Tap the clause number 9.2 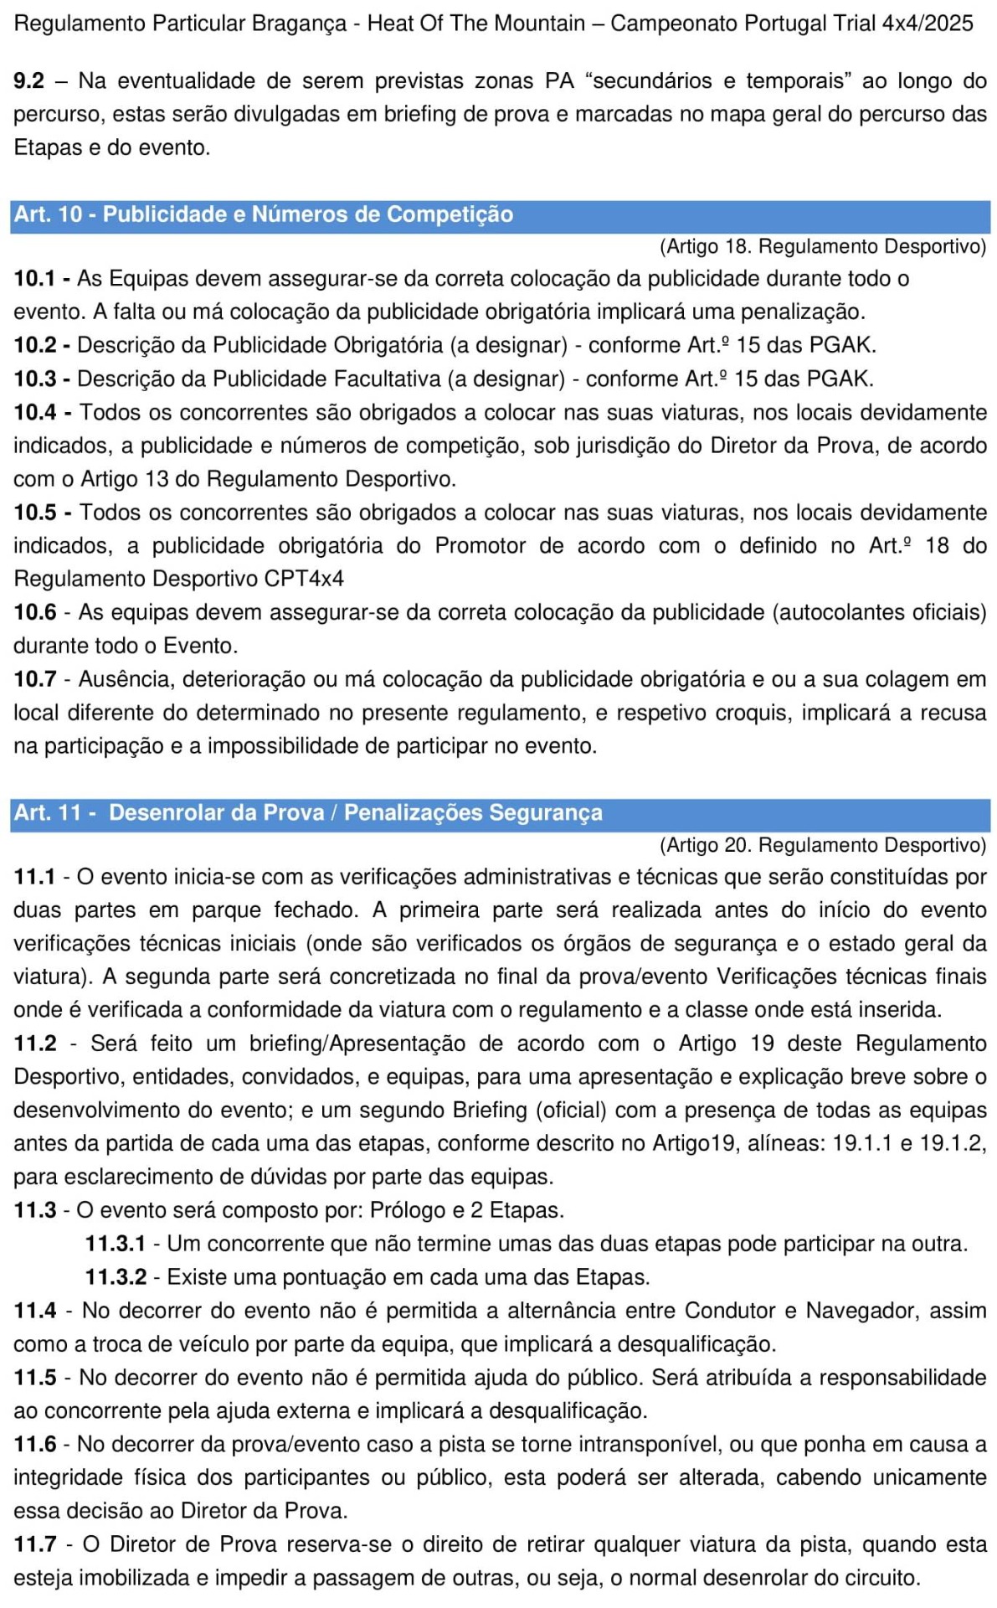click(29, 81)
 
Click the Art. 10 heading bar click(499, 214)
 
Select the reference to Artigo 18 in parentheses click(823, 246)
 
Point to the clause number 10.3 click(34, 379)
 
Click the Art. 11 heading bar click(499, 813)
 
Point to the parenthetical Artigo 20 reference click(823, 845)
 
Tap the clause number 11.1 click(34, 877)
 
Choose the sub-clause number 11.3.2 click(116, 1277)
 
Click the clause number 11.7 click(34, 1544)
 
